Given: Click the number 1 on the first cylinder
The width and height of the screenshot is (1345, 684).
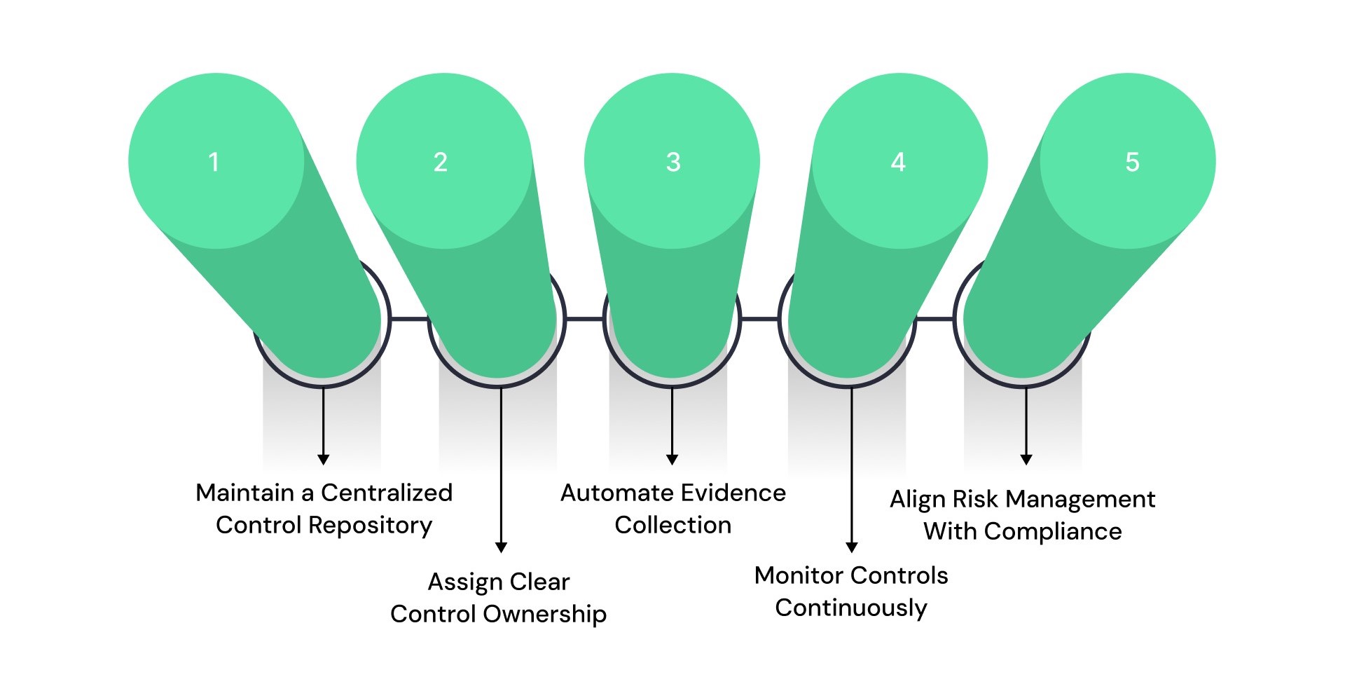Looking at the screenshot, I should tap(214, 163).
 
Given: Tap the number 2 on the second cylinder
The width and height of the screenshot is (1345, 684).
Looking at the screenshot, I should tap(440, 163).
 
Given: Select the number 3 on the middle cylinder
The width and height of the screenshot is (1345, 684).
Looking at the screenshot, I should tap(673, 163).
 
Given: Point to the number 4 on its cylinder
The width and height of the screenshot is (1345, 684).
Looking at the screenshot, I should tap(898, 163).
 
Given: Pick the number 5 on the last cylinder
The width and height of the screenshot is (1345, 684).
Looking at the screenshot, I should tap(1132, 163).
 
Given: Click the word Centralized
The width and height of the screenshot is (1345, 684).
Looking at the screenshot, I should tap(387, 493).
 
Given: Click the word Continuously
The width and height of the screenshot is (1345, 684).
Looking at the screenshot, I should tap(851, 608).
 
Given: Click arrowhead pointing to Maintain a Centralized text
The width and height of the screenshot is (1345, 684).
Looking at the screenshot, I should tap(323, 459).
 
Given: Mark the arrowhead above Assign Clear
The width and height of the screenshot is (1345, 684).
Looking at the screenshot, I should tap(501, 547).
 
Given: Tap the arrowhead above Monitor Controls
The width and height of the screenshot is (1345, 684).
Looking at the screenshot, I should tap(852, 547).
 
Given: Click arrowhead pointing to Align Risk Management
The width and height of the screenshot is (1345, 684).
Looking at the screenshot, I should tap(1026, 459).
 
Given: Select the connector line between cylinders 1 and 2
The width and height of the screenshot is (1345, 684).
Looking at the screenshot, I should tap(409, 320).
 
